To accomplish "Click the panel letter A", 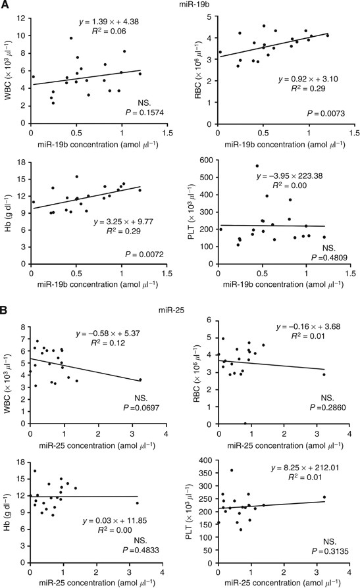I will (x=6, y=7).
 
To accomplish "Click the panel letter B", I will (x=6, y=308).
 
